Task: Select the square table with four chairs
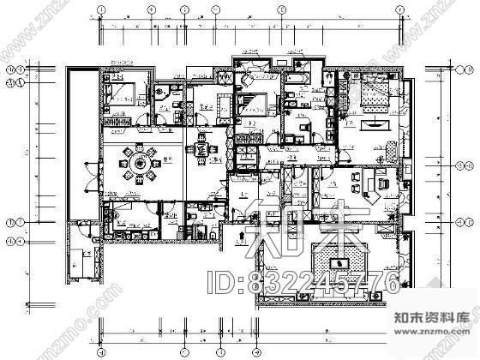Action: (202, 150)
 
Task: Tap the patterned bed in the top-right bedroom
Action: (369, 96)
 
